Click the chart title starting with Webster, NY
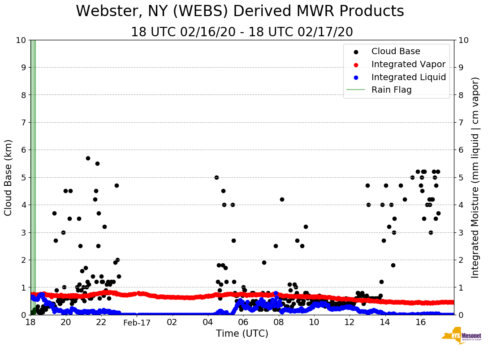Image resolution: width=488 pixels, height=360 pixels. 240,12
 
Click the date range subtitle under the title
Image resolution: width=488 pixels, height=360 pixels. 242,32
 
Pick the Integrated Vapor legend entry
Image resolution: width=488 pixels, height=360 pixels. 408,64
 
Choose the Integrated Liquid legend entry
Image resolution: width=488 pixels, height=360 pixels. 408,77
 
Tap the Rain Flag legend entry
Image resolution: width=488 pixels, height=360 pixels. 391,90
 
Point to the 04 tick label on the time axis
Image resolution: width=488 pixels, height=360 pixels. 208,322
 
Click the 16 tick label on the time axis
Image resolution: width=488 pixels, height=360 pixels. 420,322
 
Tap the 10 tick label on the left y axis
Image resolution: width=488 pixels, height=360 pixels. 21,40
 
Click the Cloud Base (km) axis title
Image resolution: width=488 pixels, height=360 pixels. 9,177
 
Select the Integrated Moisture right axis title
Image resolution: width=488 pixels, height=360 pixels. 475,177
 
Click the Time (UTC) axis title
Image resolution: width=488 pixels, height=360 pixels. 242,334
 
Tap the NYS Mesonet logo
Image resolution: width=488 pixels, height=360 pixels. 461,336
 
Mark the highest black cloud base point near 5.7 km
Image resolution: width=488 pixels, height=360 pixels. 88,158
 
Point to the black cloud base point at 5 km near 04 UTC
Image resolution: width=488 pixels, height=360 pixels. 216,177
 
